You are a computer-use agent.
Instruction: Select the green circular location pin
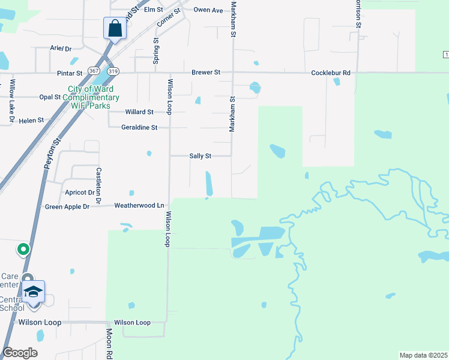coord(23,248)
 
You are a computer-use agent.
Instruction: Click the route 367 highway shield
coord(93,71)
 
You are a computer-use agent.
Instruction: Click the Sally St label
coord(200,156)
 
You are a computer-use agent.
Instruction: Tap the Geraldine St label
coord(139,127)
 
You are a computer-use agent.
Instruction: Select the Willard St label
coord(139,112)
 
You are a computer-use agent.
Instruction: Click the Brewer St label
coord(206,73)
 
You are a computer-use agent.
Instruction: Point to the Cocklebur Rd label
coord(330,73)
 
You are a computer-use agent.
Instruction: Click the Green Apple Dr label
coord(67,207)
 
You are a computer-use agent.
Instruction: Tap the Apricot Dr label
coord(79,193)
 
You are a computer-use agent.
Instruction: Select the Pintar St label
coord(70,73)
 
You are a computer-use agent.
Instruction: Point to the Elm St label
coord(153,10)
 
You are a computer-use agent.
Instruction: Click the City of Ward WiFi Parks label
coord(93,97)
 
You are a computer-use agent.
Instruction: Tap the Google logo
coord(20,353)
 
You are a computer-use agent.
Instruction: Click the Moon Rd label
coord(110,343)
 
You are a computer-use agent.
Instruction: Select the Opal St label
coord(49,97)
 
